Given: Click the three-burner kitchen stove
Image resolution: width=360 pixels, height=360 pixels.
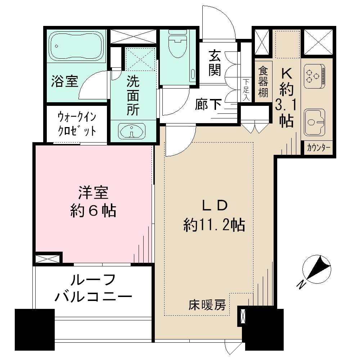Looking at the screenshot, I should coord(314,76).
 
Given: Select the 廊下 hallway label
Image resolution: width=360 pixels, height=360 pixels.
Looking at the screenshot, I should coord(208,104).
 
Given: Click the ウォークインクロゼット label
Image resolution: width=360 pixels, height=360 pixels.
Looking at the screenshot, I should coord(77,123).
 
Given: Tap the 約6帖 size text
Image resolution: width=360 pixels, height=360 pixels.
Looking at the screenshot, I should coord(93,211).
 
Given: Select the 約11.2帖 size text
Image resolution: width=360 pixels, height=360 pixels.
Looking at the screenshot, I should coord(215,226).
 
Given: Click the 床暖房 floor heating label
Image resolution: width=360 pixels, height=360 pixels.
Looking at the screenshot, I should coord(207,305).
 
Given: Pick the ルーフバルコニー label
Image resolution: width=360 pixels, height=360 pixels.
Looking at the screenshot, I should coord(93,288).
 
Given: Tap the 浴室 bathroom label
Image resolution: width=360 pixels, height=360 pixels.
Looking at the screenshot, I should coord(64,81).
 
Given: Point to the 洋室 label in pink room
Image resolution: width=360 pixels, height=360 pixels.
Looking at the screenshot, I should coord(93,193).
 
